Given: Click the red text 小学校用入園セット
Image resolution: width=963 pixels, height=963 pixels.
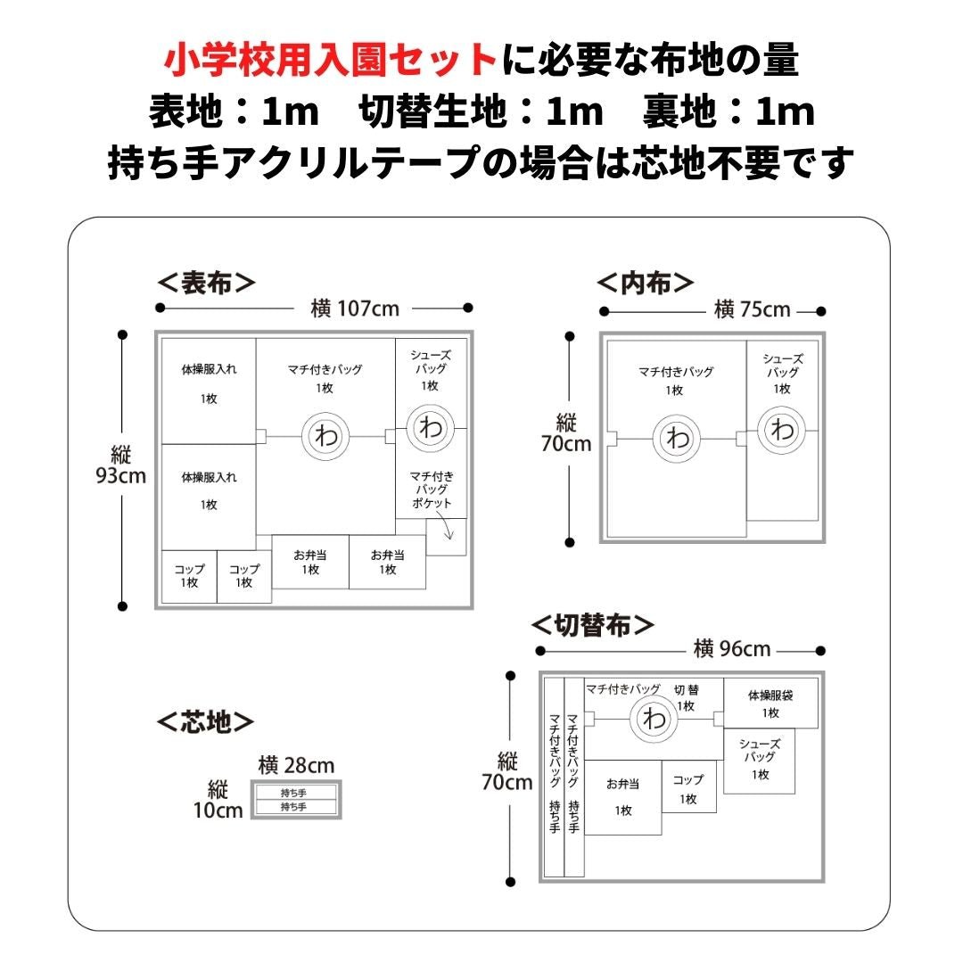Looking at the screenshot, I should (x=331, y=61).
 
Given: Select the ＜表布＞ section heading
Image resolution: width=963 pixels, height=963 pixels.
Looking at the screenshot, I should (x=206, y=283).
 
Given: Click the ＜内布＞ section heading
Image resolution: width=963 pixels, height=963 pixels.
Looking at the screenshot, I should (x=645, y=283).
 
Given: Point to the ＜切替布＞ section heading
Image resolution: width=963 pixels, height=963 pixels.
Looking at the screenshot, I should (x=593, y=624).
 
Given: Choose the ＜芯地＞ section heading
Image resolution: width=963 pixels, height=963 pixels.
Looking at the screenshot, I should (x=206, y=721).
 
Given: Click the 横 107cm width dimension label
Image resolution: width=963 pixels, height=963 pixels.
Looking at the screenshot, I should (x=355, y=309).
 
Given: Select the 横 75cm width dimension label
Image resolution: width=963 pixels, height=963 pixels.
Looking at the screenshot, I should (x=752, y=310).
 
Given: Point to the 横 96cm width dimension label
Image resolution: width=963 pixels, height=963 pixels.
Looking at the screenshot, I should (x=731, y=649).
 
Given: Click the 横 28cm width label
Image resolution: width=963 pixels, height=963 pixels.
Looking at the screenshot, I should (x=296, y=766).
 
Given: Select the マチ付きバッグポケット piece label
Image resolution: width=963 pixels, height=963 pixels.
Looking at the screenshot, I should (x=431, y=490).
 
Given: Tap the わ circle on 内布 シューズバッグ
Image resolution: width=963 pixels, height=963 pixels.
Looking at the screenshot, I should (x=782, y=430).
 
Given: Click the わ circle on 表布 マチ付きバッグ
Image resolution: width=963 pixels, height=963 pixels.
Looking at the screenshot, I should (x=325, y=436).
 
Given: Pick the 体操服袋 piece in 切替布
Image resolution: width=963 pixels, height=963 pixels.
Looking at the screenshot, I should (x=770, y=703).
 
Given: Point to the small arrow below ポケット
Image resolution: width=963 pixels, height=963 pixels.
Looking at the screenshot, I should (x=447, y=534).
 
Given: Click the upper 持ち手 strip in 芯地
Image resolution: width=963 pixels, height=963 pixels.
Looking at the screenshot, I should (x=295, y=792).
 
